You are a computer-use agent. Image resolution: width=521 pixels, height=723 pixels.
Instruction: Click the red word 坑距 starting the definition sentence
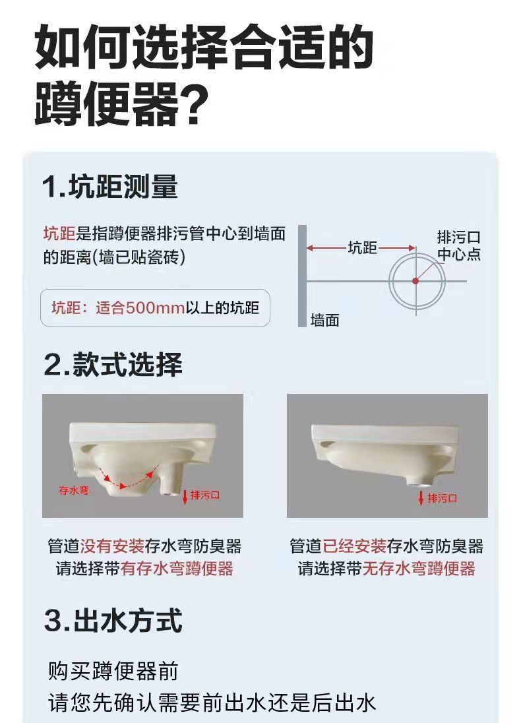(59, 234)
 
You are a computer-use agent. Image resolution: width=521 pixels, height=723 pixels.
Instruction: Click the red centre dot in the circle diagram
(415, 281)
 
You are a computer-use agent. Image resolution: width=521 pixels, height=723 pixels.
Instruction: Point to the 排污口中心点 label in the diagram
(459, 245)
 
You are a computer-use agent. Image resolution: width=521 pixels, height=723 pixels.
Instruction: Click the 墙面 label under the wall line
(324, 321)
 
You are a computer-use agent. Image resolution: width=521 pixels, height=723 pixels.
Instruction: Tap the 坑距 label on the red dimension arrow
(362, 248)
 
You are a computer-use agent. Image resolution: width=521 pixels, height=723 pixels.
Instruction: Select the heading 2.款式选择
(113, 365)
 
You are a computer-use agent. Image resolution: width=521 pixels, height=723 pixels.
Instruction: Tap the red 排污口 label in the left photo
(205, 495)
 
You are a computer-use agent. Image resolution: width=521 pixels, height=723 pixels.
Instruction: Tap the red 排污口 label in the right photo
(443, 498)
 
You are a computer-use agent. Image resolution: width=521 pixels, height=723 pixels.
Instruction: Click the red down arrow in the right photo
(421, 497)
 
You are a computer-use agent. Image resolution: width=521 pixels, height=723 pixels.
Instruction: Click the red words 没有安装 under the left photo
(112, 546)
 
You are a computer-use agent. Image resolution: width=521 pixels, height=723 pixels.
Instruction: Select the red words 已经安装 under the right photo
(354, 546)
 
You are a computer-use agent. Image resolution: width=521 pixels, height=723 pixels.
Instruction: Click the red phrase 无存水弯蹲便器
(419, 569)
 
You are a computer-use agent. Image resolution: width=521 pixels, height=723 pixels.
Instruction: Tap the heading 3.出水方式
(113, 621)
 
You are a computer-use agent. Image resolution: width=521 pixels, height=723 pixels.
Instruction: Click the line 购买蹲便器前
(113, 672)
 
